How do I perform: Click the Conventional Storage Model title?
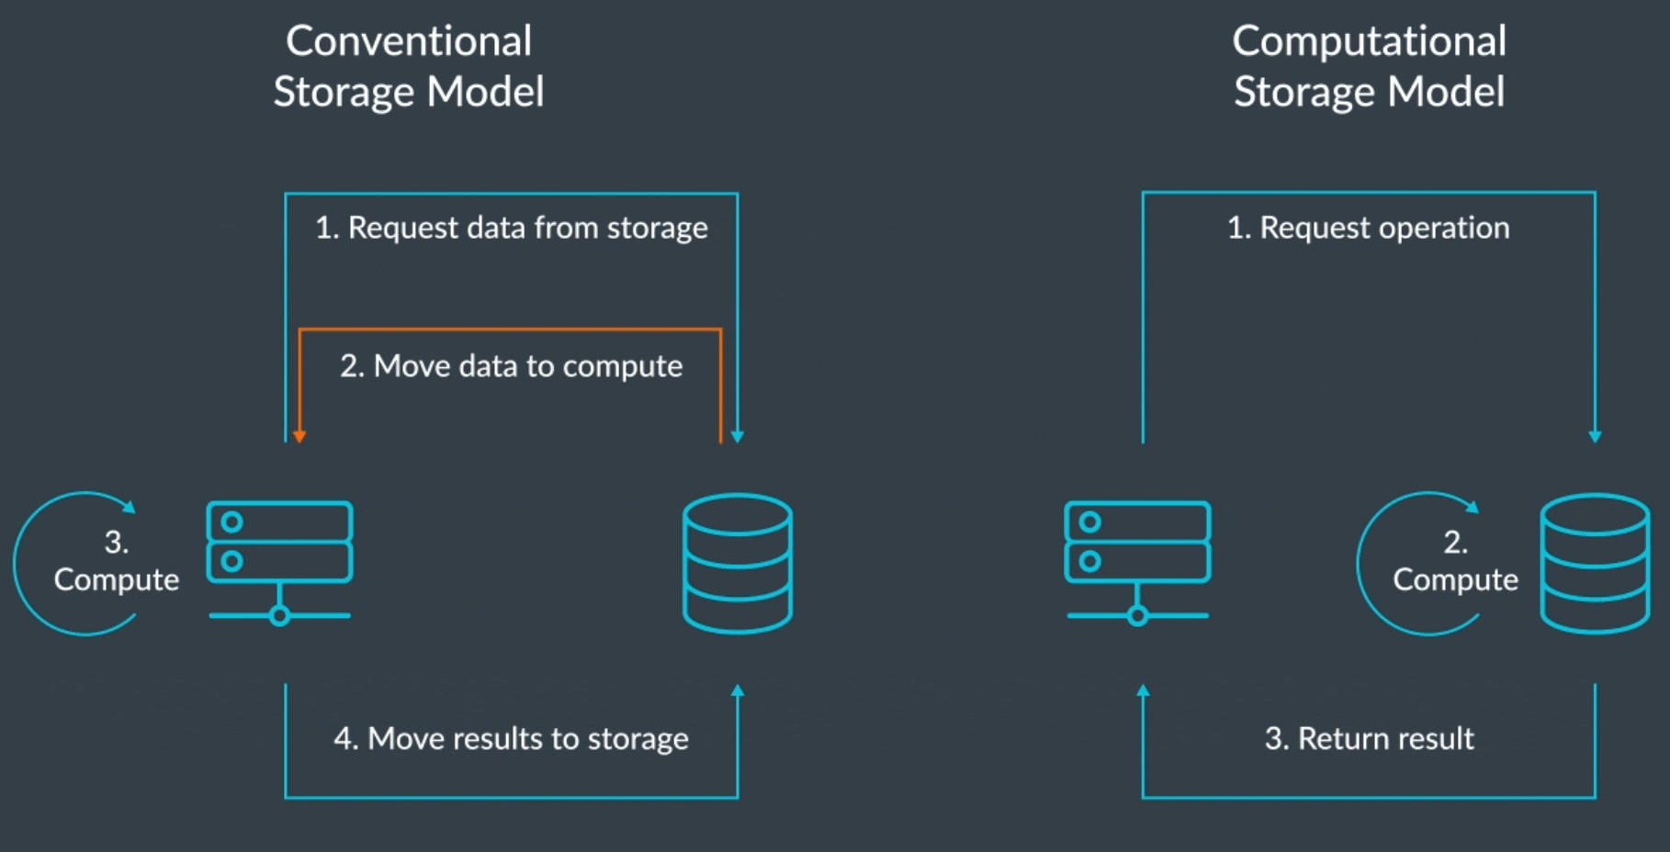coord(409,66)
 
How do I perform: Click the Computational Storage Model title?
coord(1369,66)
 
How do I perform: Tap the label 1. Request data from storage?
coord(512,228)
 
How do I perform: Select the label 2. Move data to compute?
coord(512,366)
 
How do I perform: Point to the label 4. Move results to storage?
coord(512,739)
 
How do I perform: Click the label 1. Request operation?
coord(1369,228)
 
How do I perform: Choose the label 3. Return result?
coord(1369,739)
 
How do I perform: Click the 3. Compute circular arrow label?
coord(116,561)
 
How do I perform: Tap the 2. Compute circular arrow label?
coord(1455,561)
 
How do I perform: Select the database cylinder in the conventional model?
coord(738,563)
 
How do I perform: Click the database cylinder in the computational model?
coord(1595,563)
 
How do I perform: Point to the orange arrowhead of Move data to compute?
coord(299,436)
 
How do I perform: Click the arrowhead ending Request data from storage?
coord(738,436)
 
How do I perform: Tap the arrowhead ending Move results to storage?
coord(738,690)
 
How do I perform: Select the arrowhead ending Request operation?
coord(1595,436)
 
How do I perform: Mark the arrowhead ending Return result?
coord(1143,690)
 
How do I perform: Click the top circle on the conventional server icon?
coord(232,521)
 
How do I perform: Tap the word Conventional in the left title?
coord(409,41)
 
